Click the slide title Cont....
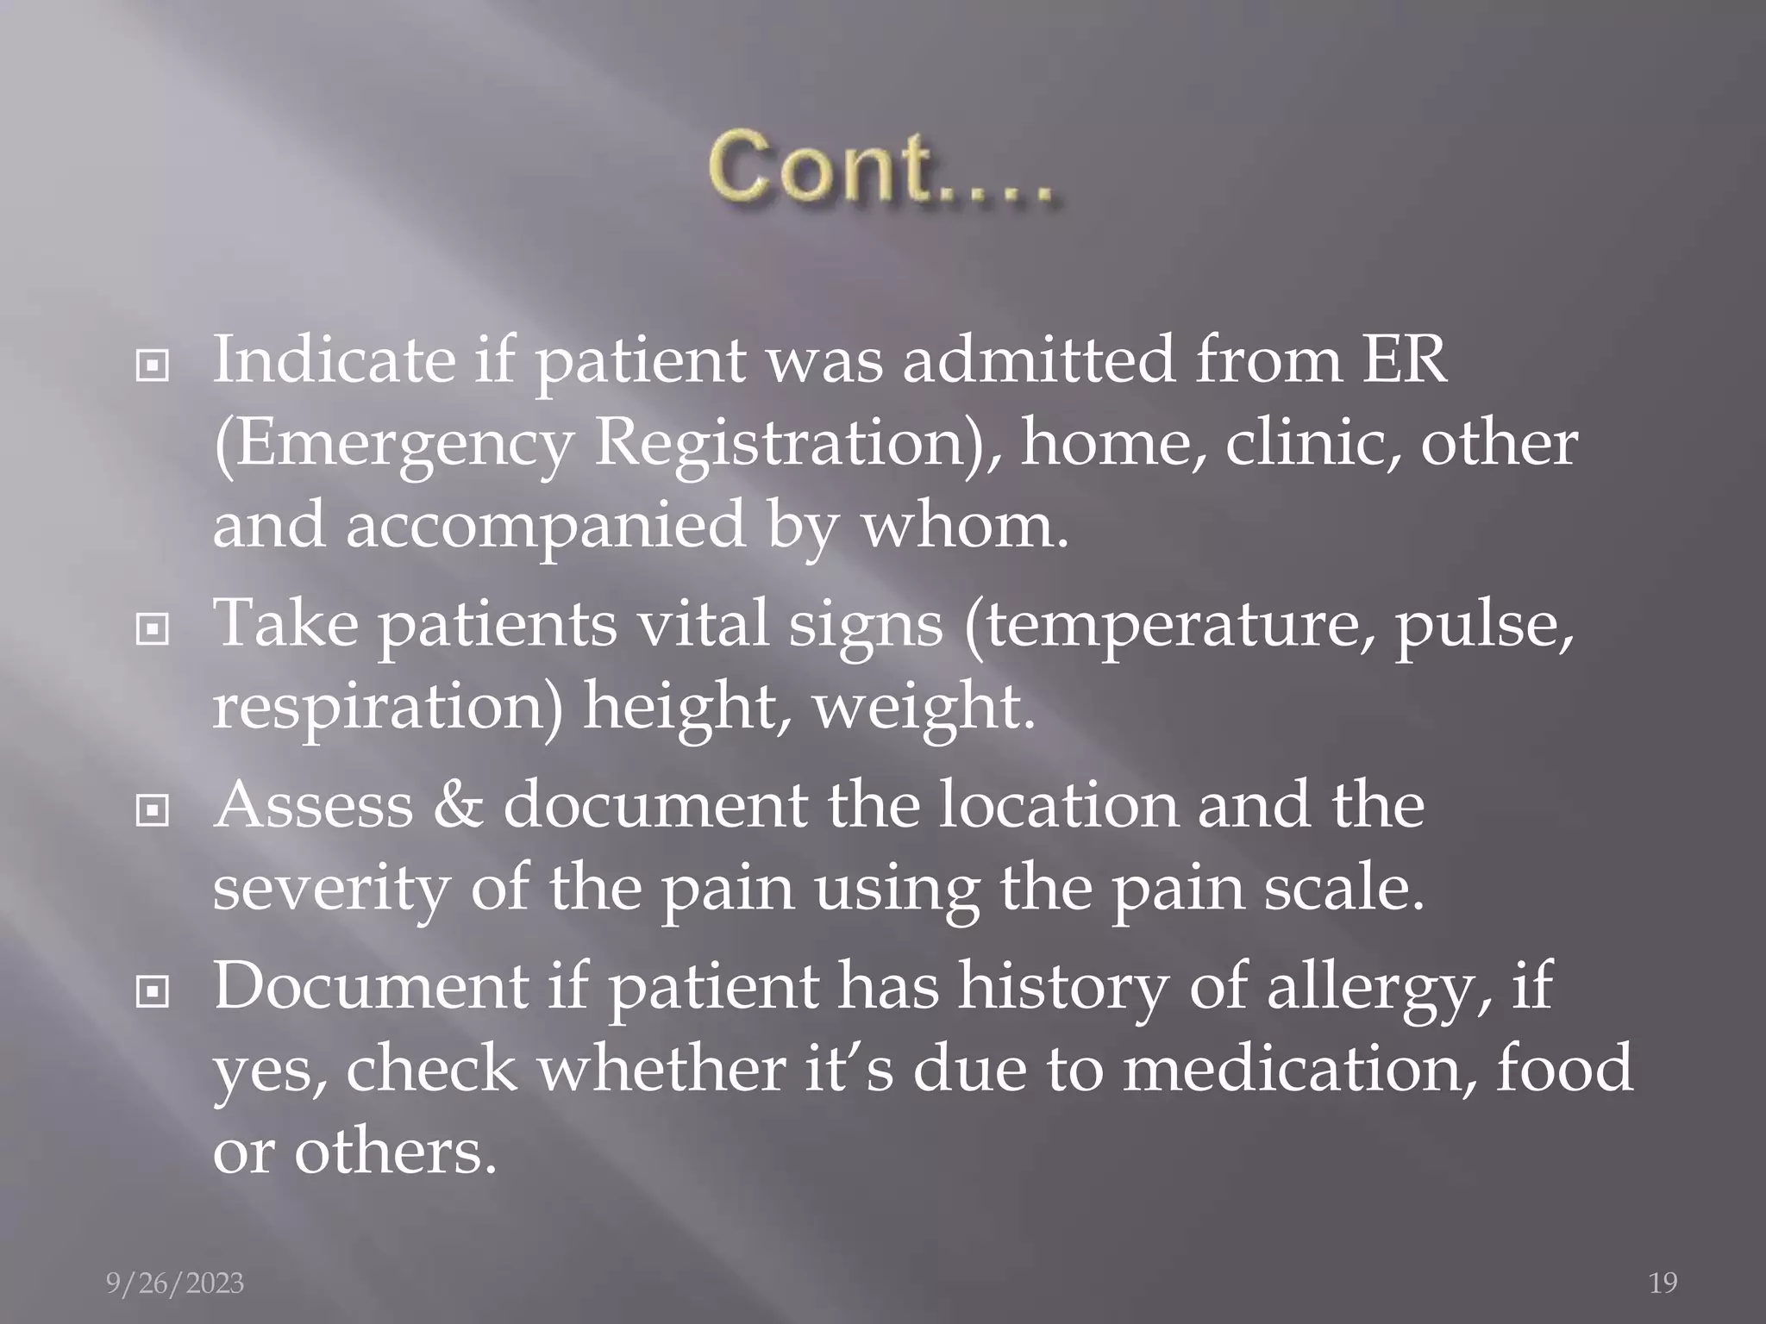(x=880, y=168)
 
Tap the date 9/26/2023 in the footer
(x=175, y=1283)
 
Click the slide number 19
(x=1663, y=1283)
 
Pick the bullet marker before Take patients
(x=153, y=632)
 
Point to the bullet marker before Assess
(x=153, y=811)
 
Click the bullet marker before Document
(x=153, y=992)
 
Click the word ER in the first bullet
(x=1404, y=359)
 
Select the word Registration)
(x=794, y=444)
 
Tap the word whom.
(x=965, y=526)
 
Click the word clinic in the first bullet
(x=1312, y=444)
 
